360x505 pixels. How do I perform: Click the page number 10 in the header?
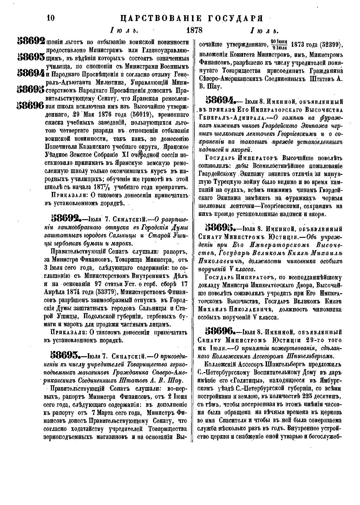pyautogui.click(x=51, y=18)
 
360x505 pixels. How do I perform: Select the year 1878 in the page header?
pyautogui.click(x=194, y=30)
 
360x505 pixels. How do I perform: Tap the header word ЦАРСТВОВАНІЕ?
pyautogui.click(x=160, y=19)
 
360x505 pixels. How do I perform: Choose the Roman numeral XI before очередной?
pyautogui.click(x=123, y=155)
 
